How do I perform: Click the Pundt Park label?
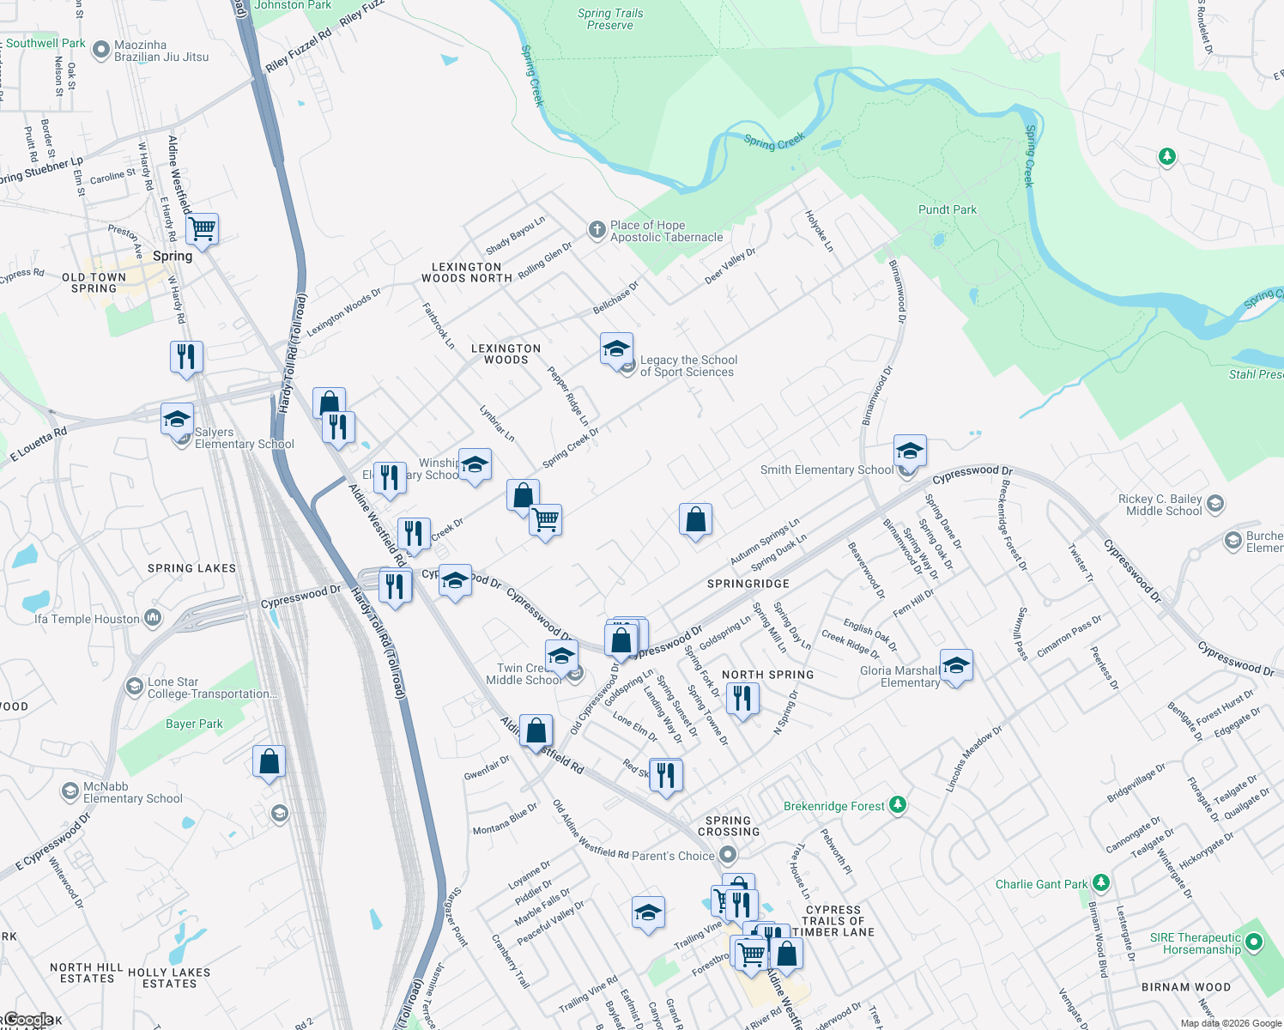947,209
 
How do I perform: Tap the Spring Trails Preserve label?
609,19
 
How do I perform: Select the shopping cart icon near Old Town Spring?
202,229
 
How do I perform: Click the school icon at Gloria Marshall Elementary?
955,665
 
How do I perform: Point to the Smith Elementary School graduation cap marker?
909,450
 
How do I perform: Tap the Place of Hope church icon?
597,230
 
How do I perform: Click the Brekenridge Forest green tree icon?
897,805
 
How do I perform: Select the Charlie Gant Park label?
1041,884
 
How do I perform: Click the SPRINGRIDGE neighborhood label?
748,584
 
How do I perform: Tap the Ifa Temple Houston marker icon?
153,618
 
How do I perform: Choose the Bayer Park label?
194,724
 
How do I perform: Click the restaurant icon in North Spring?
742,698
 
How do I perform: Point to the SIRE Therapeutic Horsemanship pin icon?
1254,943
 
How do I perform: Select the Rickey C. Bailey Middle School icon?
1214,504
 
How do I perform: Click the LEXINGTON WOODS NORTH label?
467,272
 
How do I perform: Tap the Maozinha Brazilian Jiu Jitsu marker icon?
101,50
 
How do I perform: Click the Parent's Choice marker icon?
728,855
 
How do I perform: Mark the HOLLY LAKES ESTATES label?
169,978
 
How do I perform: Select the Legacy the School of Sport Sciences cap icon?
615,349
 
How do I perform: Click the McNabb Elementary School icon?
70,791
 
